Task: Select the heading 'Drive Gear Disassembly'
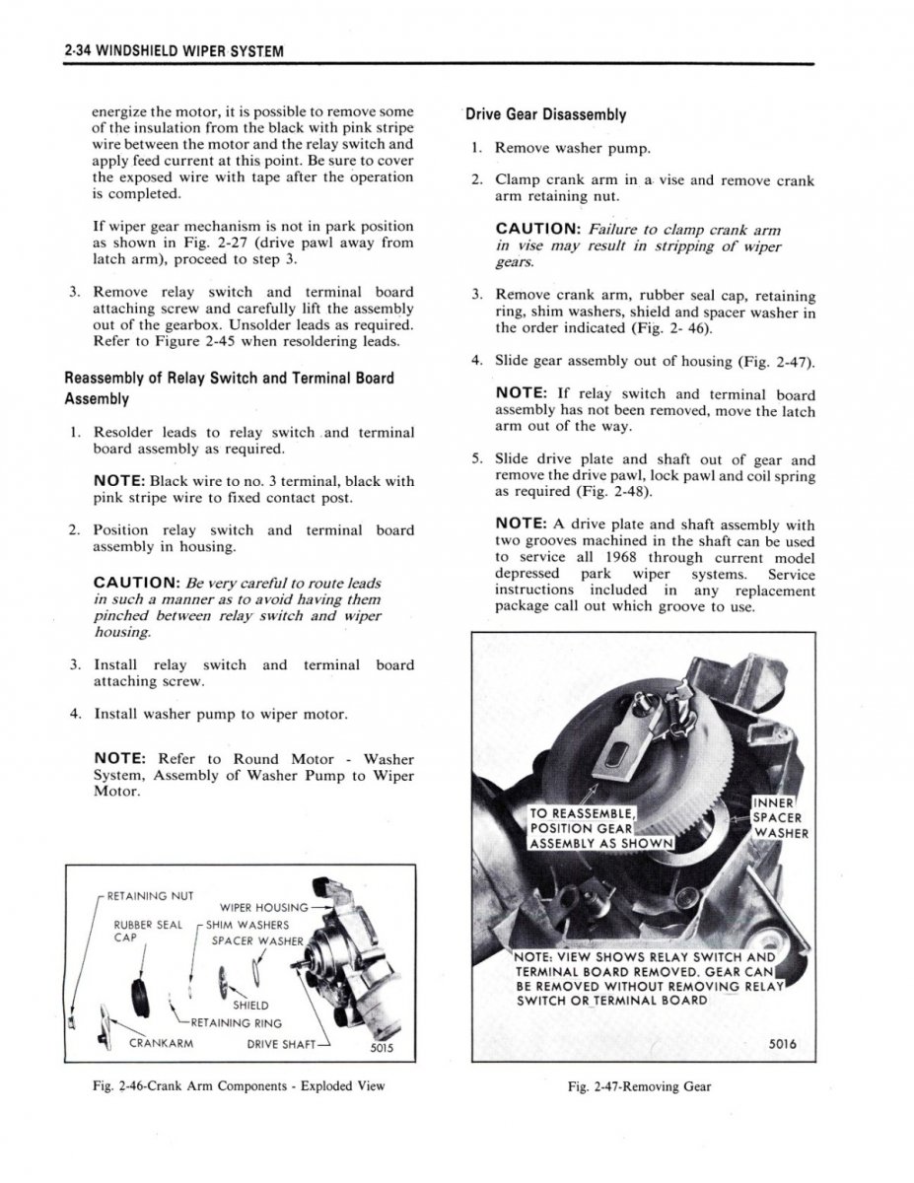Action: click(x=546, y=114)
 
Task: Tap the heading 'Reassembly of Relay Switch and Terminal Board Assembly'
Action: click(x=229, y=387)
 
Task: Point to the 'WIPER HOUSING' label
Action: click(x=264, y=907)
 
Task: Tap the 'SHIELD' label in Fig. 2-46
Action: click(x=251, y=1006)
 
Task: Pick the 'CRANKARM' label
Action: click(x=160, y=1042)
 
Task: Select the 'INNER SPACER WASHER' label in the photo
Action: click(x=780, y=816)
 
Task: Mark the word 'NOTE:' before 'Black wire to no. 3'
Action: click(x=119, y=481)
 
